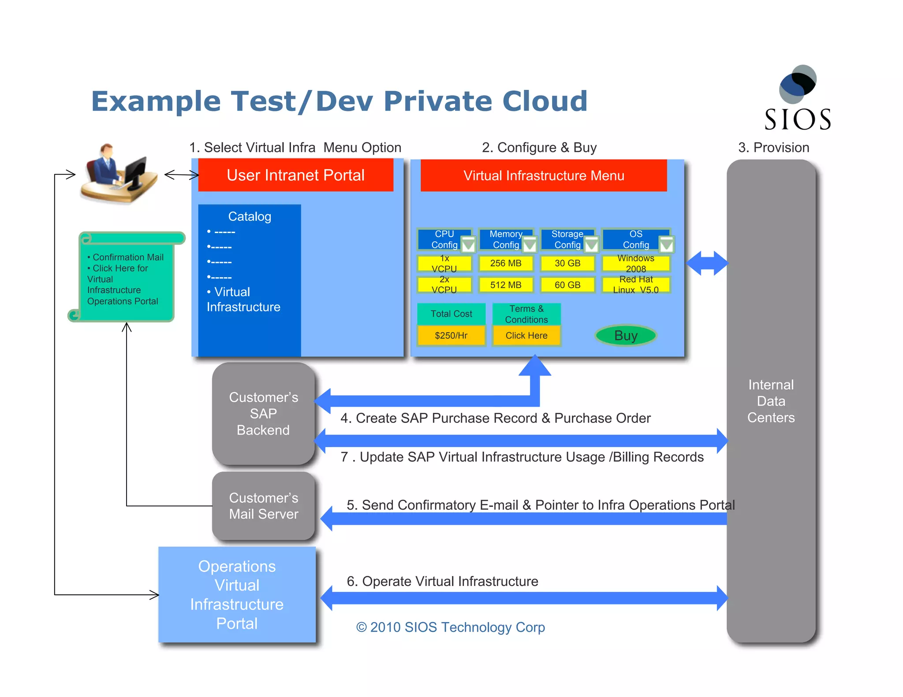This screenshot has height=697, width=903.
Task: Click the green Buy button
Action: (x=625, y=336)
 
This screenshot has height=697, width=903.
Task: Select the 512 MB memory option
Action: (x=506, y=285)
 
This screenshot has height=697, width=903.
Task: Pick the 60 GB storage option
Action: (x=567, y=285)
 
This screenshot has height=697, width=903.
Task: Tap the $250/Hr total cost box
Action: (x=451, y=336)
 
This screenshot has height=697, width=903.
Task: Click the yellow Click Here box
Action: (x=526, y=336)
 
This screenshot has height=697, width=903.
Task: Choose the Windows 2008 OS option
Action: (x=635, y=263)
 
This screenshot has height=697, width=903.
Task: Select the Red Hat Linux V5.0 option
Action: (x=635, y=285)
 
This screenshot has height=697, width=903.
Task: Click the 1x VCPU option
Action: (x=444, y=263)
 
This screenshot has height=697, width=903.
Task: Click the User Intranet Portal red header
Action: (x=295, y=175)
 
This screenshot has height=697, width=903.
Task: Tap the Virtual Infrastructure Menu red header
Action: (x=543, y=176)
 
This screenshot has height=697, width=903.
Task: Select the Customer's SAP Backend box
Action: (x=263, y=414)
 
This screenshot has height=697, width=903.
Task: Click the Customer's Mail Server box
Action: (x=263, y=506)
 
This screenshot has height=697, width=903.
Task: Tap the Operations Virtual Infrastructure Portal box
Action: (x=237, y=594)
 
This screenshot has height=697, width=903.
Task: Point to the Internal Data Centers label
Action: (x=771, y=401)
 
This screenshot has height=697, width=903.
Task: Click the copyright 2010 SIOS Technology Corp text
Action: (x=450, y=627)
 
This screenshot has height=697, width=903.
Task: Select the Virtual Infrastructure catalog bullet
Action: (x=243, y=300)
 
